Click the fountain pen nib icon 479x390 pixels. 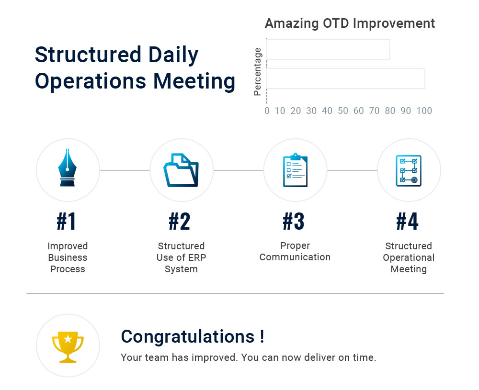point(68,168)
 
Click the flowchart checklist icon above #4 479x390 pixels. point(409,170)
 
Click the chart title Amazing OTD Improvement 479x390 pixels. point(350,23)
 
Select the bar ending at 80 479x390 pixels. point(328,50)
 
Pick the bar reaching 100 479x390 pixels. point(345,78)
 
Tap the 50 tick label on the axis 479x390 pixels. point(342,111)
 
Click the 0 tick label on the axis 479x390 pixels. point(267,111)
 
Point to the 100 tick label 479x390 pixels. point(424,111)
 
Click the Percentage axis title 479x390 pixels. point(258,72)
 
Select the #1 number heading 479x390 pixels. point(67,222)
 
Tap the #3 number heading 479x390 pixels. point(294,222)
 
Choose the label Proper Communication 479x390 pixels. point(295,252)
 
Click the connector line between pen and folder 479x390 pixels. point(125,170)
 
